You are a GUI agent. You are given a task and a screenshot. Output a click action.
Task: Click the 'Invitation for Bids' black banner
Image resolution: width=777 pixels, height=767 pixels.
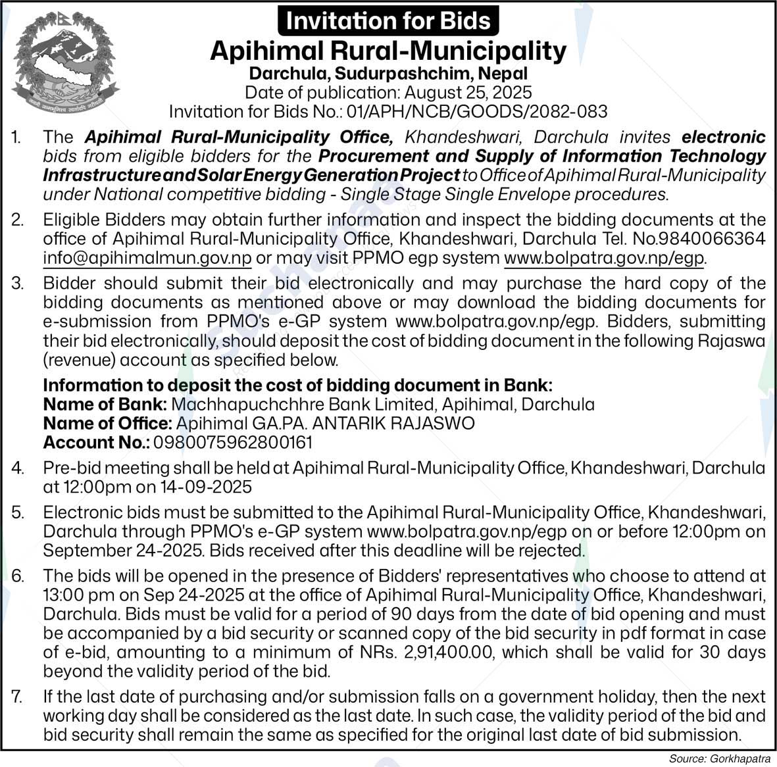click(x=388, y=20)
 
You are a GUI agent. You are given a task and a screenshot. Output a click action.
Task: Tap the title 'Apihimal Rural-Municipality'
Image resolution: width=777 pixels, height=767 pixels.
click(x=388, y=51)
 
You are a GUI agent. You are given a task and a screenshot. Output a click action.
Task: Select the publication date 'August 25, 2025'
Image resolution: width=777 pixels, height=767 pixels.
click(x=468, y=93)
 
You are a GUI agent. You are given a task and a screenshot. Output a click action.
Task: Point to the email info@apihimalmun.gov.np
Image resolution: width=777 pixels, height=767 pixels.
click(x=147, y=258)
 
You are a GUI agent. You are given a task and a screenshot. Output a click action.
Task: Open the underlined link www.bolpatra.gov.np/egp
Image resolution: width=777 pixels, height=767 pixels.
click(x=604, y=258)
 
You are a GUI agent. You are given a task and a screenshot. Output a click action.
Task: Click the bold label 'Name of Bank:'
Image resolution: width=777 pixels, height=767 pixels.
click(x=105, y=404)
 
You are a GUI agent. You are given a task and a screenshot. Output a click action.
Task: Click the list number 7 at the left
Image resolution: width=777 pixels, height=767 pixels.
click(x=18, y=697)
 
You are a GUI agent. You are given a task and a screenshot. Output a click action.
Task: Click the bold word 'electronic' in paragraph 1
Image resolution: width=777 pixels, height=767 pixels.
click(x=724, y=137)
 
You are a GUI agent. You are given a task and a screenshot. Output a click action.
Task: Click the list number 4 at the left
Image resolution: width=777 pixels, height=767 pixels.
click(x=18, y=468)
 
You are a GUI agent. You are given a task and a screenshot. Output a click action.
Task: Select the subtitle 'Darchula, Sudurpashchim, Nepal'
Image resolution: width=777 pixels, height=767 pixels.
click(x=388, y=74)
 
